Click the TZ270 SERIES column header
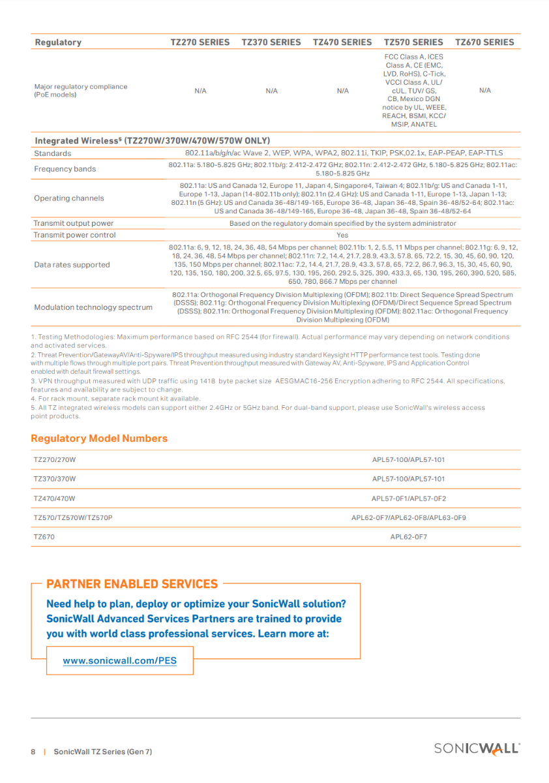click(200, 42)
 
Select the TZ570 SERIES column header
click(413, 42)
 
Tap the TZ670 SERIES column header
click(484, 42)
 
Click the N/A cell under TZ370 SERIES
click(272, 91)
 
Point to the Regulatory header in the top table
click(58, 42)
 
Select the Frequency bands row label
click(65, 169)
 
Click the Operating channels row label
click(68, 198)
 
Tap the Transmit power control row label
click(74, 235)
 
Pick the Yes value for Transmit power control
click(342, 235)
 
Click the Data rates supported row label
click(72, 265)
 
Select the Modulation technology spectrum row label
click(93, 307)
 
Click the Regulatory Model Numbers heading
click(99, 438)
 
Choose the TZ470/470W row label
click(55, 499)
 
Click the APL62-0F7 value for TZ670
click(408, 538)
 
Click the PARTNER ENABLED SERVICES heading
click(132, 584)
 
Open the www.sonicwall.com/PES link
click(119, 660)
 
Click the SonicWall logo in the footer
click(477, 749)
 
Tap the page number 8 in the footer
click(33, 752)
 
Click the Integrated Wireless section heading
click(152, 140)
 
